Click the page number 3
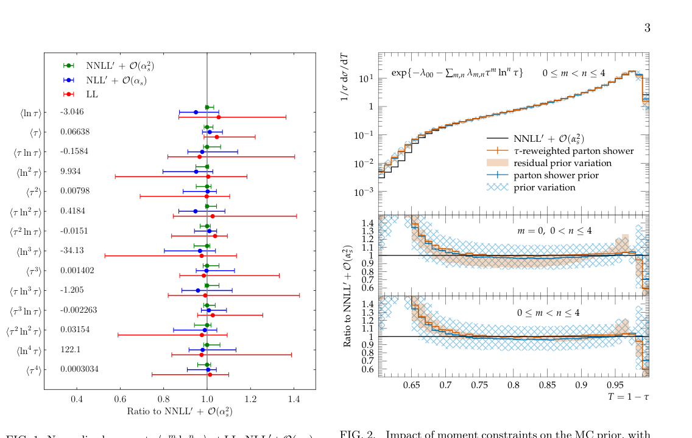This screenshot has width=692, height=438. [x=647, y=28]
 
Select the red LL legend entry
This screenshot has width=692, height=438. [x=91, y=94]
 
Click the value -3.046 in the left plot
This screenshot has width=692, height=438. [x=72, y=112]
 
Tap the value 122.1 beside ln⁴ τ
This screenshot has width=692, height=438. [x=71, y=350]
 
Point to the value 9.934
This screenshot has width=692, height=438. [x=71, y=172]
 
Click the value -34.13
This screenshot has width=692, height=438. [x=72, y=251]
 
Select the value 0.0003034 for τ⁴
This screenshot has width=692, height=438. [x=79, y=369]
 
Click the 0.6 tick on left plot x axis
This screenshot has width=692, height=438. [x=120, y=399]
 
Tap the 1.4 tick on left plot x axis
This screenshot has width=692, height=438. [x=294, y=399]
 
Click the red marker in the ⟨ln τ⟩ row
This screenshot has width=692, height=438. [x=219, y=117]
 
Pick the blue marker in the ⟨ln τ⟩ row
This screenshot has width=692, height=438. [x=196, y=112]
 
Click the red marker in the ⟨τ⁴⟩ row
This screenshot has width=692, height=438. [x=210, y=375]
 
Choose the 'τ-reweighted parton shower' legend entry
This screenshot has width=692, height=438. [x=573, y=151]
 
